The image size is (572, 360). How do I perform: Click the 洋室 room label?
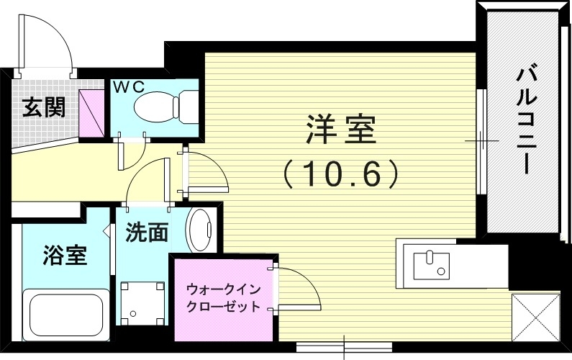coord(341,130)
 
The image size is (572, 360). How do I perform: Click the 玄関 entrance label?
coord(43,107)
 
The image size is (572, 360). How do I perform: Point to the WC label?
coord(130,86)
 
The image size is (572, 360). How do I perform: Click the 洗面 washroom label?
coord(147,232)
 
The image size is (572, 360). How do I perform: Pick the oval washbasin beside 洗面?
coord(199,230)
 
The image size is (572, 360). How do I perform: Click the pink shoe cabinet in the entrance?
coord(92,113)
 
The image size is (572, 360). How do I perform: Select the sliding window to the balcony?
coord(481,140)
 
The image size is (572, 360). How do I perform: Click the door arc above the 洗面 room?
coord(147,180)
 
